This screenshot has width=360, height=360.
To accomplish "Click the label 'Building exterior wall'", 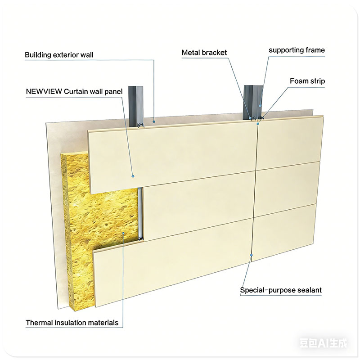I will [x=59, y=55].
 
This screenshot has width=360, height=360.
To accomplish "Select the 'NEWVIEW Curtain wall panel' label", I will [x=74, y=92].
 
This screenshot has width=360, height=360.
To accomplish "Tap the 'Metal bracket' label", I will [x=204, y=53].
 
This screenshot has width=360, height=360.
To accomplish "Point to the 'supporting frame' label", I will [x=297, y=50].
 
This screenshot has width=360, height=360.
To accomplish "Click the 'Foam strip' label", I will [x=307, y=81].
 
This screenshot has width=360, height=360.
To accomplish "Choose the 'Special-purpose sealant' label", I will [x=281, y=290].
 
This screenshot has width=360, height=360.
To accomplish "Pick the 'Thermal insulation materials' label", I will [x=72, y=323].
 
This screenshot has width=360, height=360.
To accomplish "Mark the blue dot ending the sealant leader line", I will [x=252, y=255].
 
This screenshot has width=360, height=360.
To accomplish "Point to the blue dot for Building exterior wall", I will [x=154, y=121].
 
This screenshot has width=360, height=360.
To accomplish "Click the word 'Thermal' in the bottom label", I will [x=38, y=323].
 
